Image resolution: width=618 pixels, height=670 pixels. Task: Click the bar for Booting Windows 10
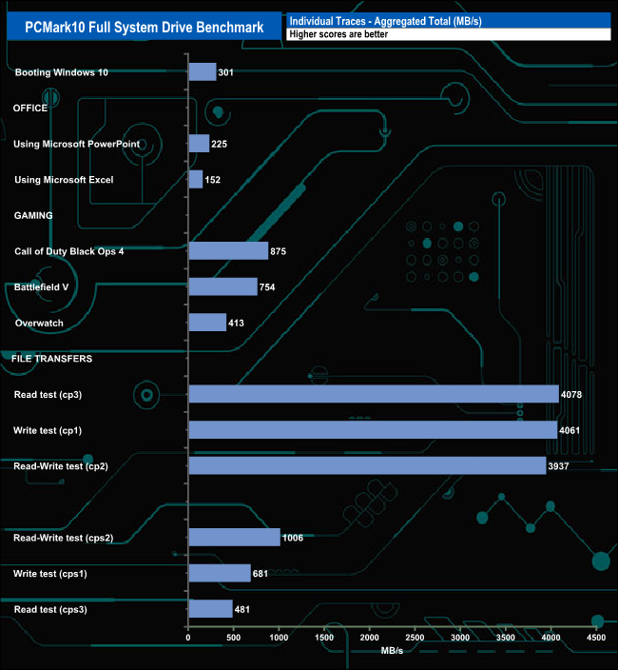203,72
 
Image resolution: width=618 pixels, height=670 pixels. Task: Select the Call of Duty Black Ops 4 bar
228,251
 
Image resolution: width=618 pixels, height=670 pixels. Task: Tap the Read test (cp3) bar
374,394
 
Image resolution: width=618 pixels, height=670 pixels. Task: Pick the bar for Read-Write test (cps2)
234,538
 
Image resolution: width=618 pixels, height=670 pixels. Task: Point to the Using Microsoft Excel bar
196,180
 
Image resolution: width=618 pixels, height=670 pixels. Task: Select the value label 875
279,251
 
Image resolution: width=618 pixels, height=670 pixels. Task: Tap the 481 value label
244,609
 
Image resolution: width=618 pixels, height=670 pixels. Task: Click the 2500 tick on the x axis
415,637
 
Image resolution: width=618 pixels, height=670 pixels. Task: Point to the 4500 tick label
596,637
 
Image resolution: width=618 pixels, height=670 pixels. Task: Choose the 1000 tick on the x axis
280,637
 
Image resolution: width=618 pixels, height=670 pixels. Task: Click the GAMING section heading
33,215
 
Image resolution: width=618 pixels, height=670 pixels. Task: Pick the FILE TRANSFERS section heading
51,359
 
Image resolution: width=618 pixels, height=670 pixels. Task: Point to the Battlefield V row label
42,286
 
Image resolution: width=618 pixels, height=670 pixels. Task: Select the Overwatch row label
40,323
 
